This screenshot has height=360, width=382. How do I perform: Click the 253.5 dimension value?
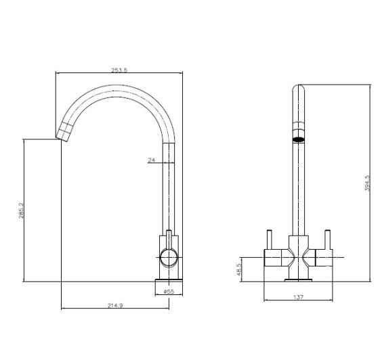(x=119, y=70)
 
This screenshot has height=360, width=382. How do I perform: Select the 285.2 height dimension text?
(x=22, y=210)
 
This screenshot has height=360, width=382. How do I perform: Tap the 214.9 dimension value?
(x=115, y=305)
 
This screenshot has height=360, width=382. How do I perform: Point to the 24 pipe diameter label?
(x=151, y=160)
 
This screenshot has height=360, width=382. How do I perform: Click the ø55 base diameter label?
(x=169, y=292)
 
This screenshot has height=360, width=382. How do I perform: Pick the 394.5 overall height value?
(x=367, y=183)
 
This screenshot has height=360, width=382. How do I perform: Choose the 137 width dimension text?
(x=299, y=297)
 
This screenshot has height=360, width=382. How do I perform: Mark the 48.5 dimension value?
(x=238, y=269)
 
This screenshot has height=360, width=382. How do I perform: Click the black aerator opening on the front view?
(x=299, y=139)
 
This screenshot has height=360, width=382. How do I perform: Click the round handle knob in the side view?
(x=169, y=258)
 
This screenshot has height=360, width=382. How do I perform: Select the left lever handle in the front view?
(x=269, y=240)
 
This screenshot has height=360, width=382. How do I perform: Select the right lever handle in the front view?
(x=327, y=240)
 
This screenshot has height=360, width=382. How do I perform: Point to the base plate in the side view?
(x=169, y=280)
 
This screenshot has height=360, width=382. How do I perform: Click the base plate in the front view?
(x=299, y=280)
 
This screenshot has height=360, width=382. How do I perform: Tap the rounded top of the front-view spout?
(x=299, y=87)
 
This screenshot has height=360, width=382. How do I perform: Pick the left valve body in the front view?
(x=273, y=258)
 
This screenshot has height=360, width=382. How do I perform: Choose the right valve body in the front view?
(x=324, y=258)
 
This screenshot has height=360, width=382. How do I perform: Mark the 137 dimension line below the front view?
(x=299, y=300)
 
